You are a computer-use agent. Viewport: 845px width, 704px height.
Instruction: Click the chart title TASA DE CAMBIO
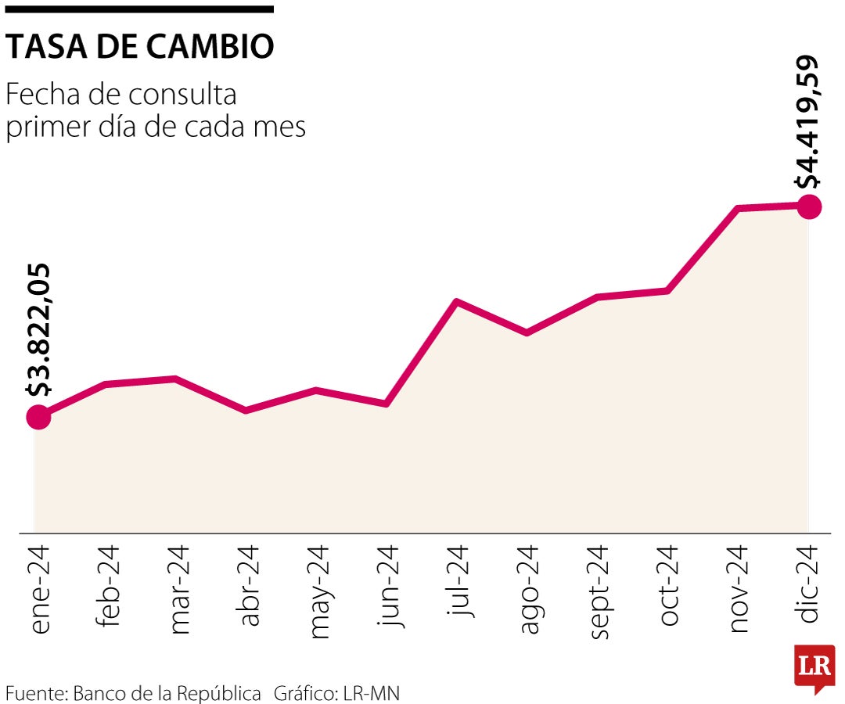pyautogui.click(x=140, y=48)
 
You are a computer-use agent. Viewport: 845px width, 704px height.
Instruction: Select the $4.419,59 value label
pyautogui.click(x=808, y=122)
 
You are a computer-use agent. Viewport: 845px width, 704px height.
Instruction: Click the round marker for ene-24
pyautogui.click(x=38, y=417)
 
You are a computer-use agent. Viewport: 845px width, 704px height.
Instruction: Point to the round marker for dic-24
pyautogui.click(x=809, y=207)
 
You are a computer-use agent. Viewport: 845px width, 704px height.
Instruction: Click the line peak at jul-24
pyautogui.click(x=456, y=302)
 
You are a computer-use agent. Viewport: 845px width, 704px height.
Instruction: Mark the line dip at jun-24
pyautogui.click(x=387, y=404)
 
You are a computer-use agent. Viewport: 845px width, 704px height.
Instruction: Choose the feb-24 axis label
pyautogui.click(x=109, y=586)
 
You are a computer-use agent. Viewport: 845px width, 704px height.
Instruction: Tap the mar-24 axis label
pyautogui.click(x=178, y=589)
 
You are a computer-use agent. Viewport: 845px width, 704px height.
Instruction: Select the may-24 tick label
pyautogui.click(x=319, y=591)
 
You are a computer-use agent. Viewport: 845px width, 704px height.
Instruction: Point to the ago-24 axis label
pyautogui.click(x=529, y=589)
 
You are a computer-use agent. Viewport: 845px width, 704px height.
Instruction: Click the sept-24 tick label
pyautogui.click(x=599, y=591)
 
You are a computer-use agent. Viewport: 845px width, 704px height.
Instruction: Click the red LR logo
pyautogui.click(x=814, y=667)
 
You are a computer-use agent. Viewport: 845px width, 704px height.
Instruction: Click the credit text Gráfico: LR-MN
pyautogui.click(x=336, y=692)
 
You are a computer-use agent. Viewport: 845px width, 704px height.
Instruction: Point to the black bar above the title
pyautogui.click(x=140, y=9)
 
